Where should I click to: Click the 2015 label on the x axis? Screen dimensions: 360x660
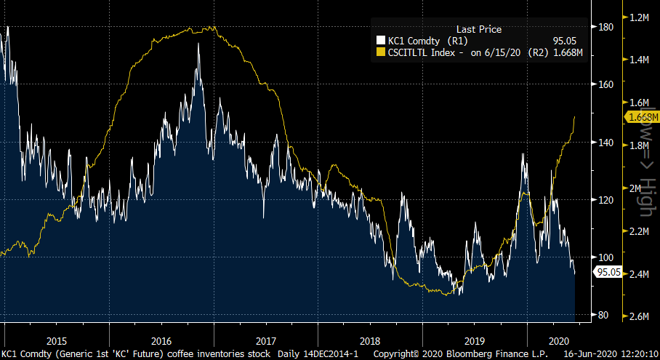click(57, 340)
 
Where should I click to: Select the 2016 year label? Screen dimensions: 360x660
click(161, 340)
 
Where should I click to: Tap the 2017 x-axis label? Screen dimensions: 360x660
click(266, 340)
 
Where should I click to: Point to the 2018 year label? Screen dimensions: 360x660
click(370, 340)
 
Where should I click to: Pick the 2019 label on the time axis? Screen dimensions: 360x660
click(475, 340)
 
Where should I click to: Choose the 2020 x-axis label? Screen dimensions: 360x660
click(559, 340)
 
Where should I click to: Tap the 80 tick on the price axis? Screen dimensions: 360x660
click(603, 315)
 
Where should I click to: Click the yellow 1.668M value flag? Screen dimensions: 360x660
click(641, 117)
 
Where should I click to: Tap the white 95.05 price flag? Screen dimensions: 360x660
click(607, 272)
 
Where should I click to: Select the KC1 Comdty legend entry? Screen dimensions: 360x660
click(421, 41)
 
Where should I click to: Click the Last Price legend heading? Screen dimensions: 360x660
click(478, 29)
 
